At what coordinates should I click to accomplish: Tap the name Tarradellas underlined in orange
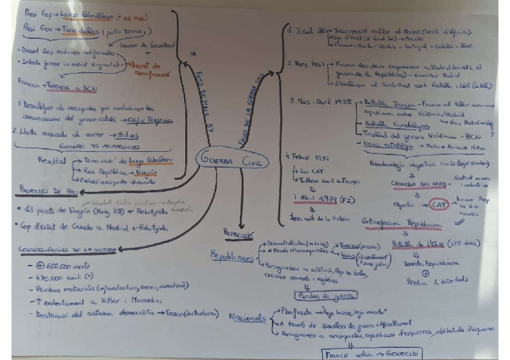(81, 29)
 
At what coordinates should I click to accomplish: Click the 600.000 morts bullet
(60, 265)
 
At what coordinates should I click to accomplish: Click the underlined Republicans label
(232, 255)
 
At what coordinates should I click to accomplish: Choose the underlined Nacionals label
(247, 317)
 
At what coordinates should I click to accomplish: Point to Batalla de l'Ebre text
(415, 243)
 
